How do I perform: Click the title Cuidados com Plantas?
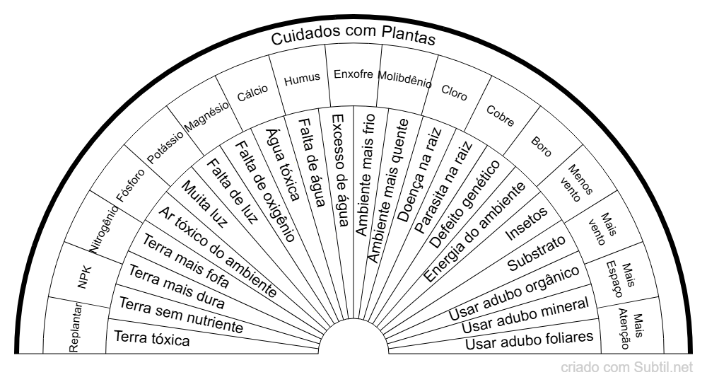pyautogui.click(x=353, y=35)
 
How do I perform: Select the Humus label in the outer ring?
pyautogui.click(x=302, y=79)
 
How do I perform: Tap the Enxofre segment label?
pyautogui.click(x=353, y=74)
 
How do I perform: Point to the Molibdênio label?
pyautogui.click(x=404, y=79)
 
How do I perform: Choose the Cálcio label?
pyautogui.click(x=252, y=93)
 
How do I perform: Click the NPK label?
pyautogui.click(x=85, y=277)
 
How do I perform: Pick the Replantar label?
pyautogui.click(x=76, y=327)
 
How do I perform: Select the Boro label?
pyautogui.click(x=541, y=146)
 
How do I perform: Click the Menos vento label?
pyautogui.click(x=575, y=183)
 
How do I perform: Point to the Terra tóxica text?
pyautogui.click(x=151, y=338)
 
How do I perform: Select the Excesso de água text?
pyautogui.click(x=341, y=170)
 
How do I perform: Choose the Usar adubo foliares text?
pyautogui.click(x=530, y=340)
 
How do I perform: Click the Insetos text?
pyautogui.click(x=527, y=224)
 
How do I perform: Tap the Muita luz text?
pyautogui.click(x=204, y=203)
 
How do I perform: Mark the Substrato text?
pyautogui.click(x=537, y=253)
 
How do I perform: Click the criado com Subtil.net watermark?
pyautogui.click(x=626, y=368)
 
